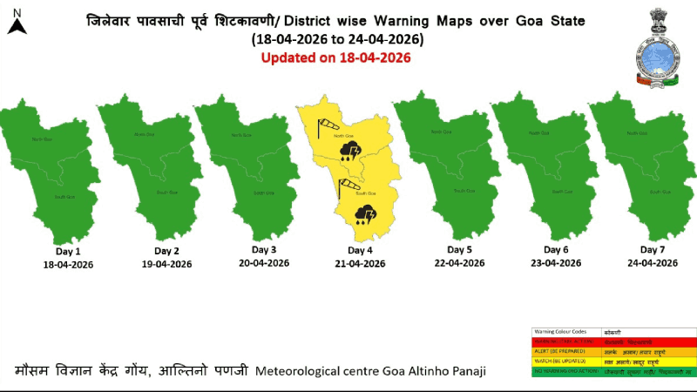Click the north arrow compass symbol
(x=16, y=23)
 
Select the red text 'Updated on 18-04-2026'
(x=336, y=57)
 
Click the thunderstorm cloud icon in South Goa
(x=365, y=213)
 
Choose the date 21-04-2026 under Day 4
(x=360, y=263)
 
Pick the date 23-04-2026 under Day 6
(x=556, y=262)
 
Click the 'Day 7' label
(x=653, y=249)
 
